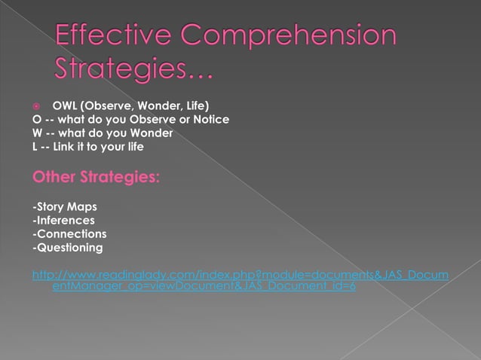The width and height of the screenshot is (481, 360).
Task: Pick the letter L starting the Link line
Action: coord(35,147)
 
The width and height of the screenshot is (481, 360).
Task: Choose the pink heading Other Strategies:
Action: coord(96,178)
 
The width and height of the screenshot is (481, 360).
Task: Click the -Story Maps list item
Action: coord(65,207)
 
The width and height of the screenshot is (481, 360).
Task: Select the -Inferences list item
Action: coord(63,221)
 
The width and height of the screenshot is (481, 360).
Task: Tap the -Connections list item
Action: coord(69,234)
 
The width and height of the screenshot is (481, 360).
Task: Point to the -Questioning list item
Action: coord(68,248)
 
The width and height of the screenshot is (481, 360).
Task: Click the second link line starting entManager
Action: coord(204,287)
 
